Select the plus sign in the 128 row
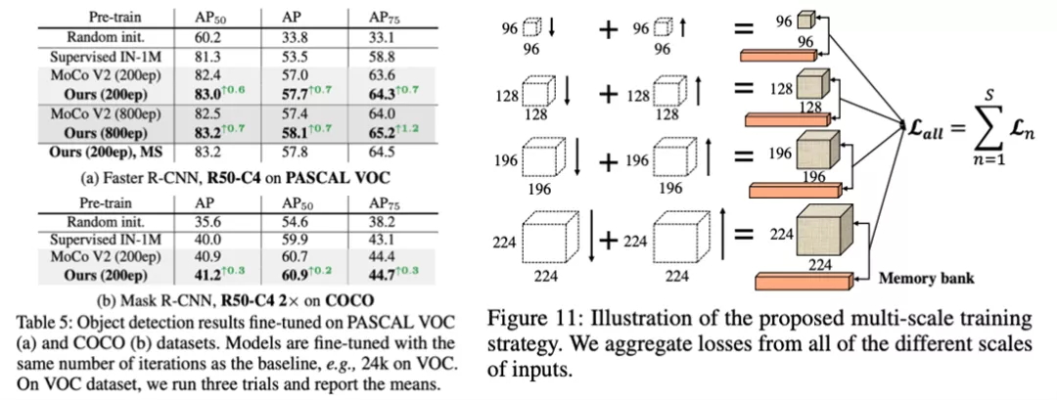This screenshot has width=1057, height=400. pos(608,94)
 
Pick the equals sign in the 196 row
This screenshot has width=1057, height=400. pos(744,155)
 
